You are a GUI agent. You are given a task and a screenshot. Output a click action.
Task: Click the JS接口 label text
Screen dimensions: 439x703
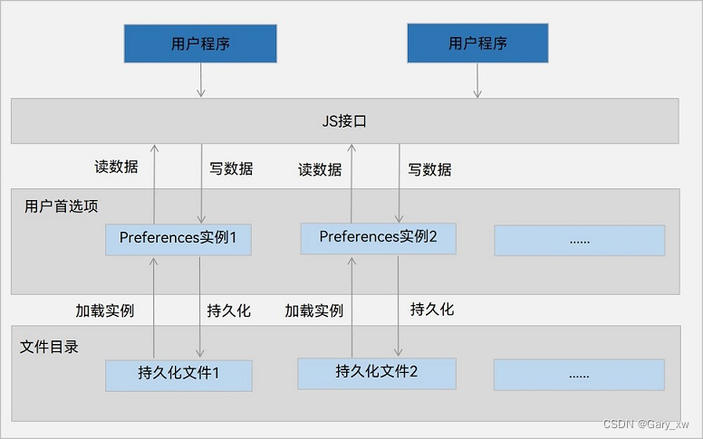pos(344,121)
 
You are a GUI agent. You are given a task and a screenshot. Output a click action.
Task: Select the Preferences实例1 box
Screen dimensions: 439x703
pos(178,239)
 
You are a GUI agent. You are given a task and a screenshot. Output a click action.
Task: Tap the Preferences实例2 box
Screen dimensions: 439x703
pos(379,238)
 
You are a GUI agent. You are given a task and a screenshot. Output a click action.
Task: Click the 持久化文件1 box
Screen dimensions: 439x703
pos(178,374)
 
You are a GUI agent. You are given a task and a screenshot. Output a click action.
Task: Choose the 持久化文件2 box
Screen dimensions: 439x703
pos(376,372)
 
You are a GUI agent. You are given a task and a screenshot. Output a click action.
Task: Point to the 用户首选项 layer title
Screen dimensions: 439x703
pos(62,206)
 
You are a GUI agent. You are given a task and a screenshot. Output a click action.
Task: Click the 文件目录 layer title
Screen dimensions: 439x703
pos(49,347)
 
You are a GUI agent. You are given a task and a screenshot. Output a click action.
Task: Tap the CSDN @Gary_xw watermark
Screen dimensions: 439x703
pos(645,424)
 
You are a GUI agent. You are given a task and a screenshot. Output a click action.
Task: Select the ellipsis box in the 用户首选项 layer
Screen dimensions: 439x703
pos(579,240)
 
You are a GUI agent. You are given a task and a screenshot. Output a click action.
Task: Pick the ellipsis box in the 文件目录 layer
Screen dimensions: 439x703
pos(579,374)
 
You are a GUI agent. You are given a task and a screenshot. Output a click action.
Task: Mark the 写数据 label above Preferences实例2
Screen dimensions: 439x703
pos(429,169)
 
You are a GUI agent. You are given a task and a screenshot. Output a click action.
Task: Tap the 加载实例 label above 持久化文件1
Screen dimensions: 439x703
pos(105,310)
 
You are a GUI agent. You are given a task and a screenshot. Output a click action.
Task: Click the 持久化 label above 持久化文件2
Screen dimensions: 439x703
pos(432,310)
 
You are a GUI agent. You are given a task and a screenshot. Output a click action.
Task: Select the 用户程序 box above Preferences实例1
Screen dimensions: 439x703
pos(200,43)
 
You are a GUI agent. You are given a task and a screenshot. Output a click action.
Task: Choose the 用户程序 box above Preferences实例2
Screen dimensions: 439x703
pos(477,43)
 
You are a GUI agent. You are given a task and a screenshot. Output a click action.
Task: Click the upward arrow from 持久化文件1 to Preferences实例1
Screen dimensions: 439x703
pos(154,307)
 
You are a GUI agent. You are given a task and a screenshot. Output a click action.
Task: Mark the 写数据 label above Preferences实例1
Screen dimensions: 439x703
pos(231,168)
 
